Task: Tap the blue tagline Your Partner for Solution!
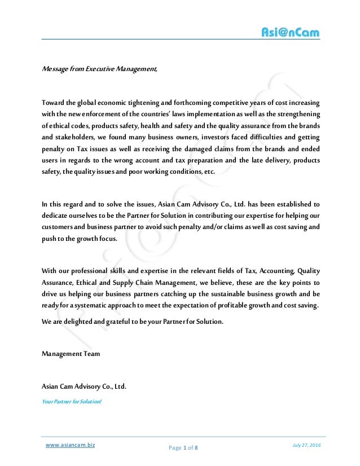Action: (x=72, y=402)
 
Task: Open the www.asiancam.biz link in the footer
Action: (x=70, y=445)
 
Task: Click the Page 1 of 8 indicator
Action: (x=183, y=448)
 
